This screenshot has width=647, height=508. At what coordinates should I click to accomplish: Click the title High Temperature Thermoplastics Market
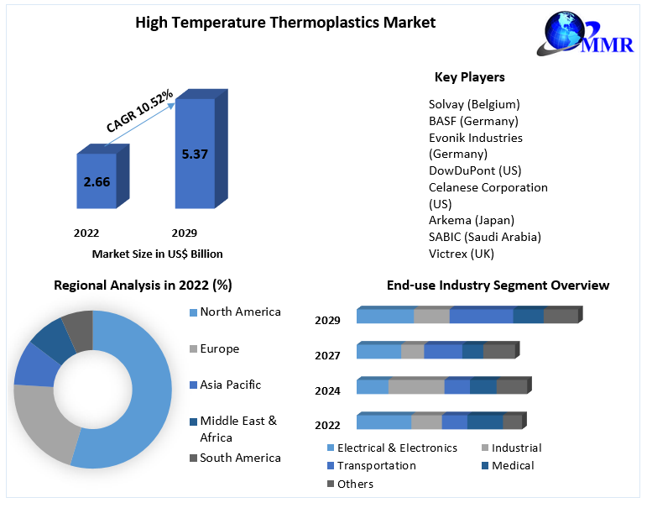pyautogui.click(x=285, y=23)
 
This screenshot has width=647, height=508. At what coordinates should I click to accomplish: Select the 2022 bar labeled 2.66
pyautogui.click(x=97, y=181)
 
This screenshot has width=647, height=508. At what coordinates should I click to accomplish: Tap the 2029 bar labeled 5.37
pyautogui.click(x=195, y=154)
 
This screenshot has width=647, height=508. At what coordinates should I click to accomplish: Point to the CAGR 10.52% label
pyautogui.click(x=139, y=110)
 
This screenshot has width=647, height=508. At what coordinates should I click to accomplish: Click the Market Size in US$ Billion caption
pyautogui.click(x=157, y=254)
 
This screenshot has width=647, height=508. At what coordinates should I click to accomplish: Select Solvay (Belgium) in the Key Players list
pyautogui.click(x=474, y=104)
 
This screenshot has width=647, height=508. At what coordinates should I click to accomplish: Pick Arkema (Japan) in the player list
pyautogui.click(x=472, y=220)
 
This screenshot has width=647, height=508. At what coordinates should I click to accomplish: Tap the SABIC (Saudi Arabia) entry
pyautogui.click(x=484, y=237)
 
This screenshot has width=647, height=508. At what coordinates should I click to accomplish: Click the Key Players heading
pyautogui.click(x=469, y=77)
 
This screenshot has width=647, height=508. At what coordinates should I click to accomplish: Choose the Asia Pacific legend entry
pyautogui.click(x=230, y=385)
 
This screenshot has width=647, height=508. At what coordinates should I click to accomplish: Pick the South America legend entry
pyautogui.click(x=240, y=458)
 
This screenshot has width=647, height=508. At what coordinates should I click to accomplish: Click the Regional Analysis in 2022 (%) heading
pyautogui.click(x=143, y=285)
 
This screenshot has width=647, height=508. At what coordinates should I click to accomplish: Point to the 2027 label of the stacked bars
pyautogui.click(x=327, y=355)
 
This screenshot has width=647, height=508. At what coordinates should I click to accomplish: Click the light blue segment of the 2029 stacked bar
pyautogui.click(x=385, y=317)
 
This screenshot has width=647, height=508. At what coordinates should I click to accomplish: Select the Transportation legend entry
pyautogui.click(x=377, y=465)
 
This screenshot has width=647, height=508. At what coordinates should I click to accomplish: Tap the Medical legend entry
pyautogui.click(x=513, y=465)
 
